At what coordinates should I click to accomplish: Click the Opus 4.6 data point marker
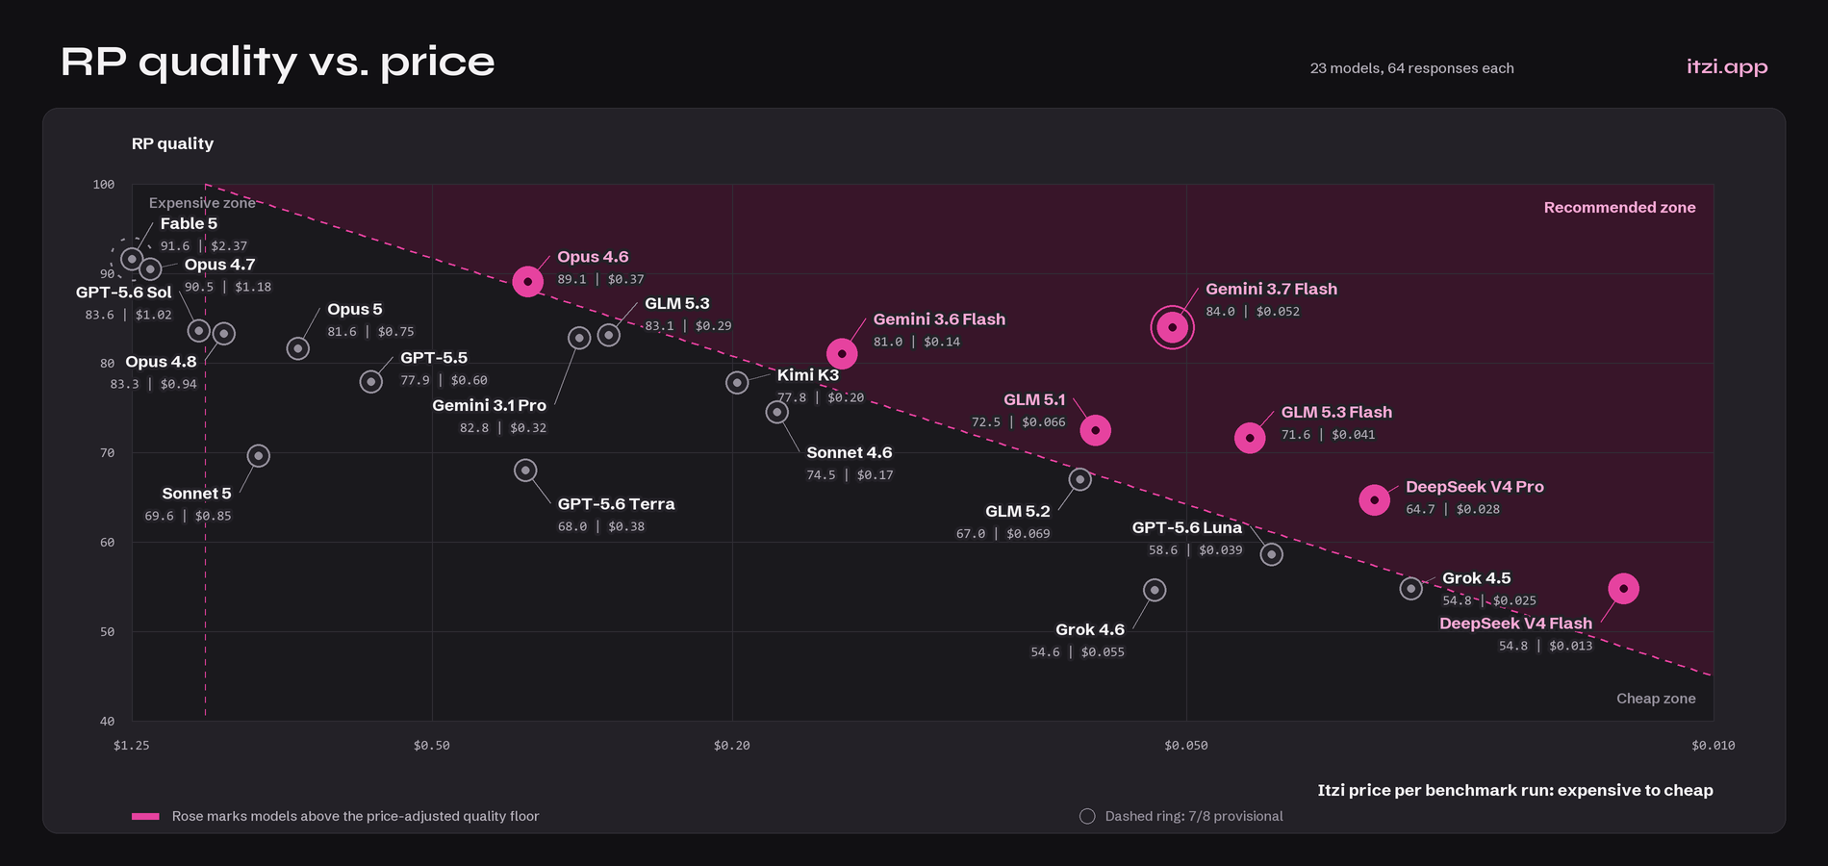click(x=527, y=281)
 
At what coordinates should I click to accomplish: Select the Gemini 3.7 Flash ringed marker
click(x=1172, y=327)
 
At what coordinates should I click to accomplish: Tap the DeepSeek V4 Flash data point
click(x=1623, y=588)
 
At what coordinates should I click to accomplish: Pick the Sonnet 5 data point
click(x=258, y=455)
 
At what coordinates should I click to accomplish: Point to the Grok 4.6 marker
click(x=1155, y=590)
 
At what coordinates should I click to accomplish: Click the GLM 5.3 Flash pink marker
click(x=1250, y=438)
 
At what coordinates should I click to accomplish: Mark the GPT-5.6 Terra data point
click(x=525, y=471)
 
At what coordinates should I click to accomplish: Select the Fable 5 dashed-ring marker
click(x=132, y=259)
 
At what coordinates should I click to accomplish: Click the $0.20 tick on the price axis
click(x=731, y=745)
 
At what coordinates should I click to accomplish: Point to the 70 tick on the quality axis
click(x=107, y=452)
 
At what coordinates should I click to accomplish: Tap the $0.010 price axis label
click(x=1713, y=745)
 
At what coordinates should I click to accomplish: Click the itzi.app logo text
click(x=1727, y=66)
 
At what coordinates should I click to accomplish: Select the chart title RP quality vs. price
click(x=278, y=62)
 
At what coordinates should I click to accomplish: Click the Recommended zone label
click(x=1619, y=207)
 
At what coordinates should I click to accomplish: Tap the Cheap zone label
click(x=1656, y=699)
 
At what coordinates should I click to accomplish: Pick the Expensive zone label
click(x=202, y=203)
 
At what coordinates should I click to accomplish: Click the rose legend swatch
click(x=145, y=816)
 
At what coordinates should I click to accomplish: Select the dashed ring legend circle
click(x=1087, y=816)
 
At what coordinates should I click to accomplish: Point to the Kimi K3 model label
click(x=808, y=374)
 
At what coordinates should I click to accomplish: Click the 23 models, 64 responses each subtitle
click(x=1411, y=68)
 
